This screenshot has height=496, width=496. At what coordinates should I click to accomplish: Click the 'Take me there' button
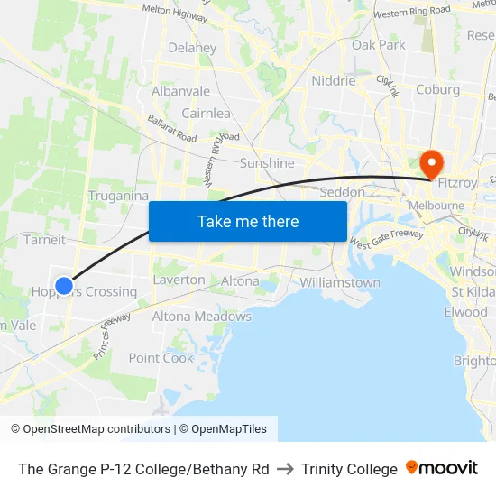coord(248,221)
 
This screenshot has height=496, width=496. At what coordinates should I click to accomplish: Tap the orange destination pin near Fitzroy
coord(432,163)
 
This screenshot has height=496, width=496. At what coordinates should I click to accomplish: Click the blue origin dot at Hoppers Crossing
coord(64,286)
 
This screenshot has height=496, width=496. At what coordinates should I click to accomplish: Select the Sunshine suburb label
coord(267,163)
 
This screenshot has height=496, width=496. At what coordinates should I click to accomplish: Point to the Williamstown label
coord(340,282)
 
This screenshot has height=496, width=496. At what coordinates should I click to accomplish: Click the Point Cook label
coord(161,357)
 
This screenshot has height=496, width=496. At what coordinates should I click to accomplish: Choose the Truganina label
coord(118,196)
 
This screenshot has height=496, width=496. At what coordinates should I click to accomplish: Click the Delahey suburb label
coord(192,48)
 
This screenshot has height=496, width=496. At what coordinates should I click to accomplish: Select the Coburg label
coord(437,89)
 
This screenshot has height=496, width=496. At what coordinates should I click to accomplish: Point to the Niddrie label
coord(334,80)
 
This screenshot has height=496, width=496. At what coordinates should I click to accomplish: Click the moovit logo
coord(442,468)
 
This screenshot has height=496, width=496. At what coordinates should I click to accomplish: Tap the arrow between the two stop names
coord(285,469)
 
